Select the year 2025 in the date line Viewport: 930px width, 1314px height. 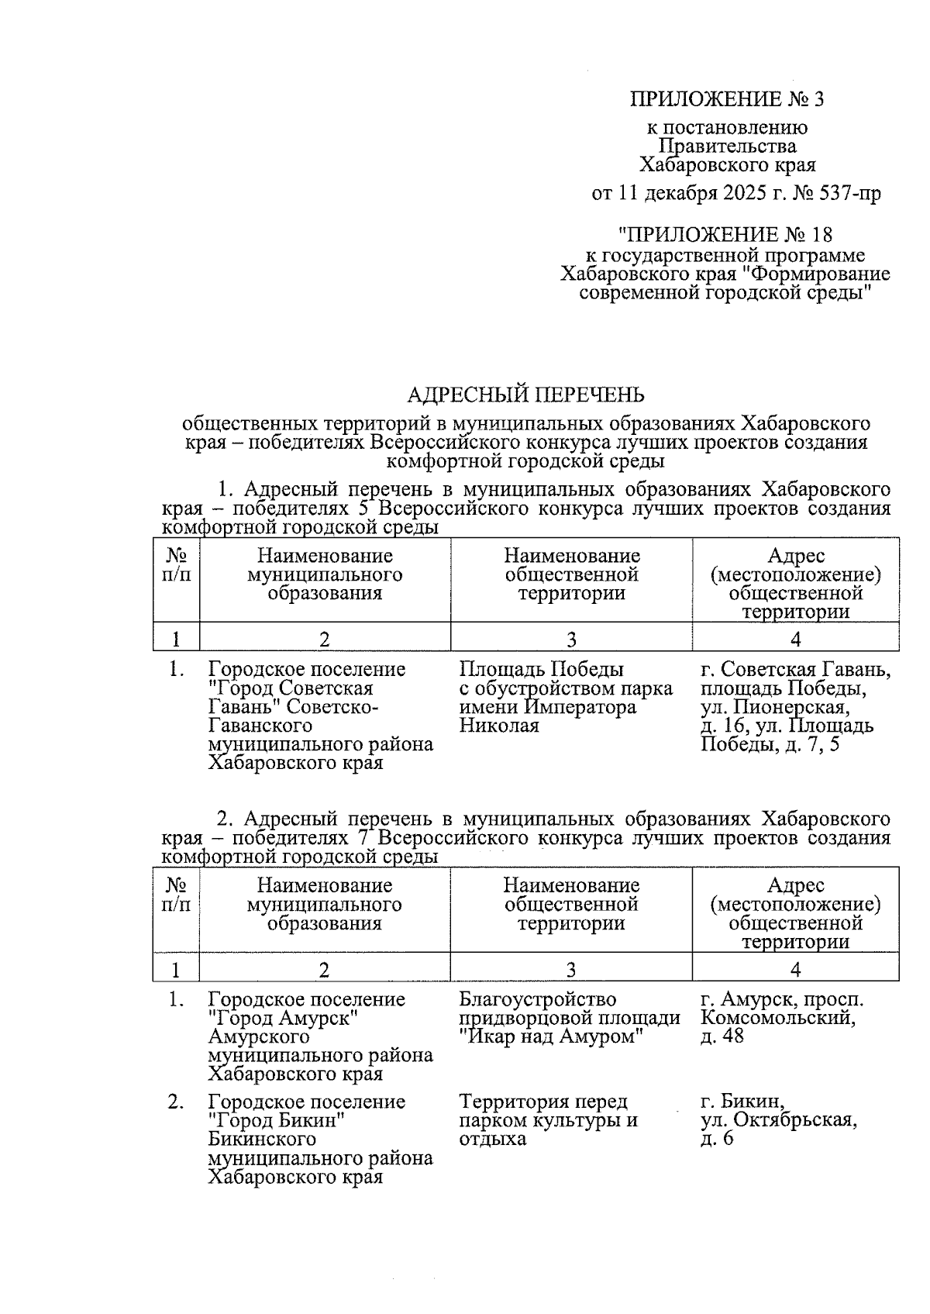point(746,194)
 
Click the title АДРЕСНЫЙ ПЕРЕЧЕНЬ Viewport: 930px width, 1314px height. point(526,395)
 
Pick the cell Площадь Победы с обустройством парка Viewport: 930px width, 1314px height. point(565,678)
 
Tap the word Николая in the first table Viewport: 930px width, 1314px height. point(499,726)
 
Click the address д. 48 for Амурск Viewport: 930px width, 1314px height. point(722,1036)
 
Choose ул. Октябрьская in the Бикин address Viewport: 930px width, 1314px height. point(778,1120)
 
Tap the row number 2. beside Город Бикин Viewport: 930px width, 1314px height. point(176,1102)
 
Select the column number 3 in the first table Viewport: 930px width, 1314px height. point(571,640)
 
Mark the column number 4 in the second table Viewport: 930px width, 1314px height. point(795,969)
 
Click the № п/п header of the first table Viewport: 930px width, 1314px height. point(177,565)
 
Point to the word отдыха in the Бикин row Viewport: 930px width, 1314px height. point(492,1139)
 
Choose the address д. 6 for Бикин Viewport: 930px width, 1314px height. point(717,1139)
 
